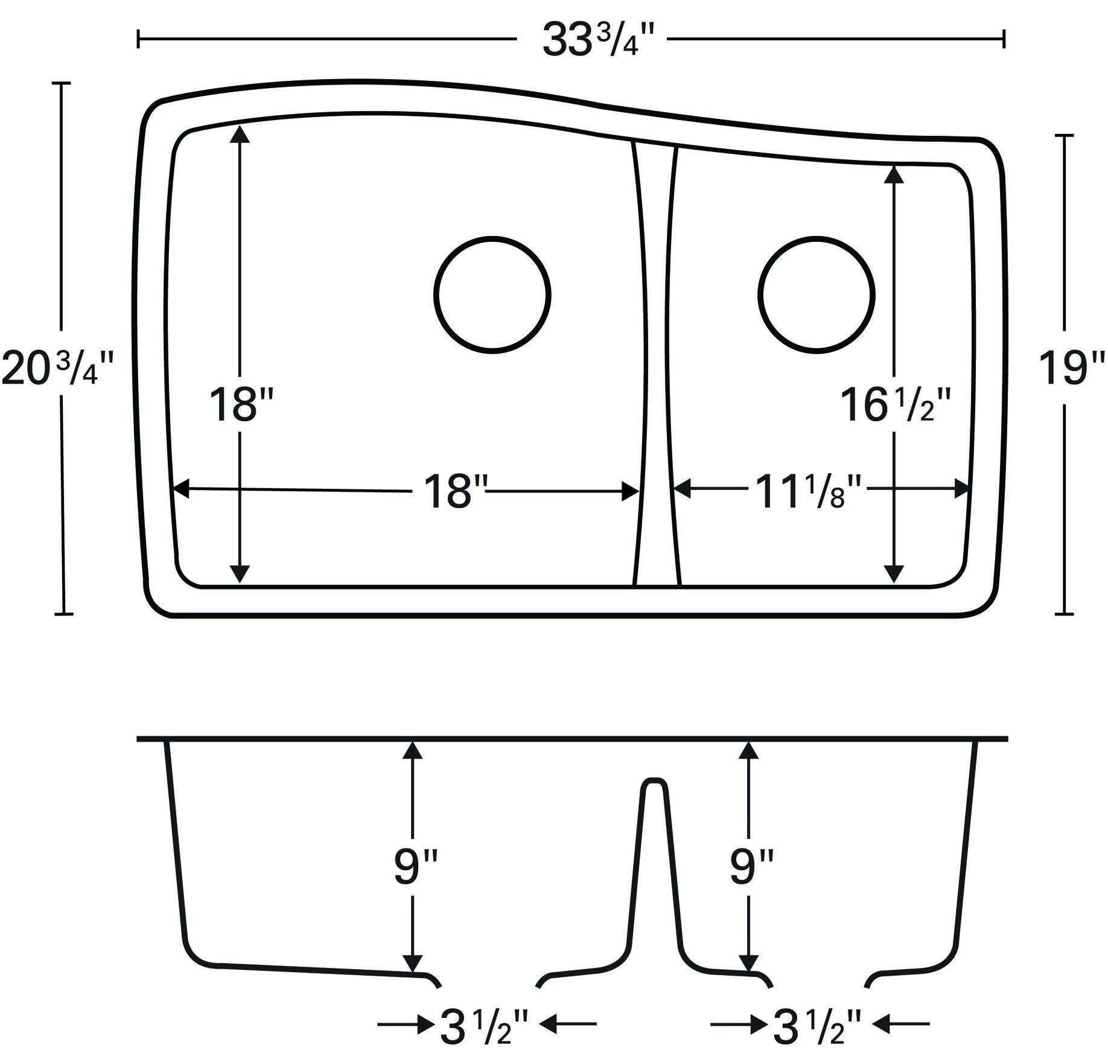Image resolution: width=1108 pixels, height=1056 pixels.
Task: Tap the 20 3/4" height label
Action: coord(57,368)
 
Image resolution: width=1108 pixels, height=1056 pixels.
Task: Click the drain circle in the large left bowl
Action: coord(492,294)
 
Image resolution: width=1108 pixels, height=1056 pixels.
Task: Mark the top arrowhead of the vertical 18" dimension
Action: coord(240,134)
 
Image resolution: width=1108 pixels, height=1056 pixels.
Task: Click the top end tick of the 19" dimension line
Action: coord(1063,136)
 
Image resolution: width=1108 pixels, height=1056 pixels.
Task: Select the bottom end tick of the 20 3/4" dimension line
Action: coord(63,614)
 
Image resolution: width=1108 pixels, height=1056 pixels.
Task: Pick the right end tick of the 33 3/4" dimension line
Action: coord(1003,40)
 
